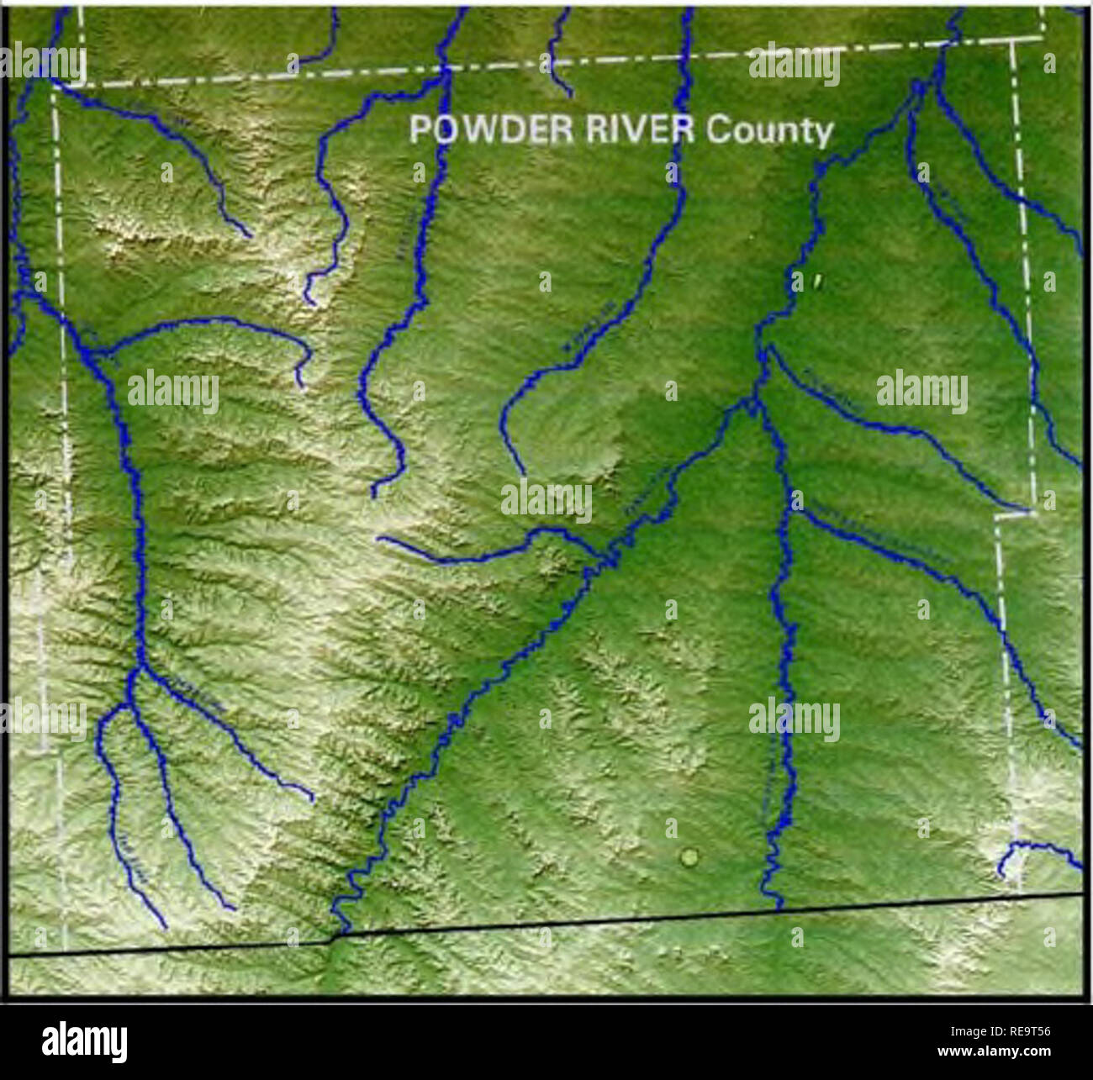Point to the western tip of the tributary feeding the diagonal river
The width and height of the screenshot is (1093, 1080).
(x=380, y=540)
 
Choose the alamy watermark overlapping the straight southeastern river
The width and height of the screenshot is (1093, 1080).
(x=794, y=720)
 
